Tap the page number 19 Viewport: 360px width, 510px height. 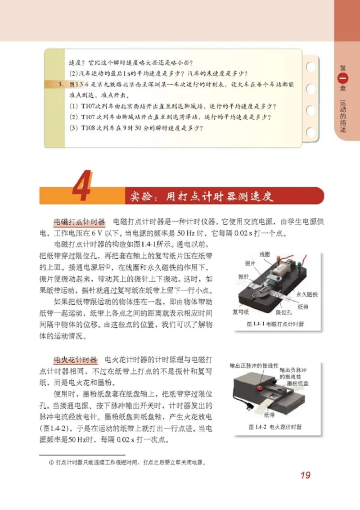[x=305, y=475]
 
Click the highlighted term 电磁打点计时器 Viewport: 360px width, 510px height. [x=79, y=222]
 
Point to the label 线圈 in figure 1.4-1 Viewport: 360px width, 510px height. [x=265, y=255]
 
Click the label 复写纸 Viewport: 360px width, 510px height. [x=241, y=311]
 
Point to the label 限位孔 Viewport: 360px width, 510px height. [x=283, y=311]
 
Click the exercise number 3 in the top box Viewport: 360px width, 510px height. [x=62, y=84]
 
